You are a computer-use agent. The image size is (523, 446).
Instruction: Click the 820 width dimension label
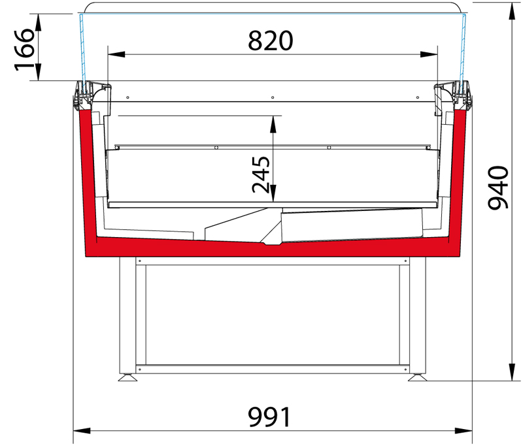tap(270, 40)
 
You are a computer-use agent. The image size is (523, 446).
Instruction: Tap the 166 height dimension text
tap(24, 50)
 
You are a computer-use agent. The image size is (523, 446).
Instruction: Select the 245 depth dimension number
tap(261, 174)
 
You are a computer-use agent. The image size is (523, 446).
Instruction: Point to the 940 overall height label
tap(498, 187)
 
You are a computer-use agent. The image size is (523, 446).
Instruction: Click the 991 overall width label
tap(269, 417)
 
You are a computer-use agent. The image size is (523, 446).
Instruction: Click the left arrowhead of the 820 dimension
tap(116, 54)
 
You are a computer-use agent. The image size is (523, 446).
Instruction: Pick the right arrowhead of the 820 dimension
tap(429, 54)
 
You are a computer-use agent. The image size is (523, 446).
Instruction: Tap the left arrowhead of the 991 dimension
tap(82, 431)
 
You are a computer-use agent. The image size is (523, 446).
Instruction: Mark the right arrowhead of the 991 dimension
tap(464, 431)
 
